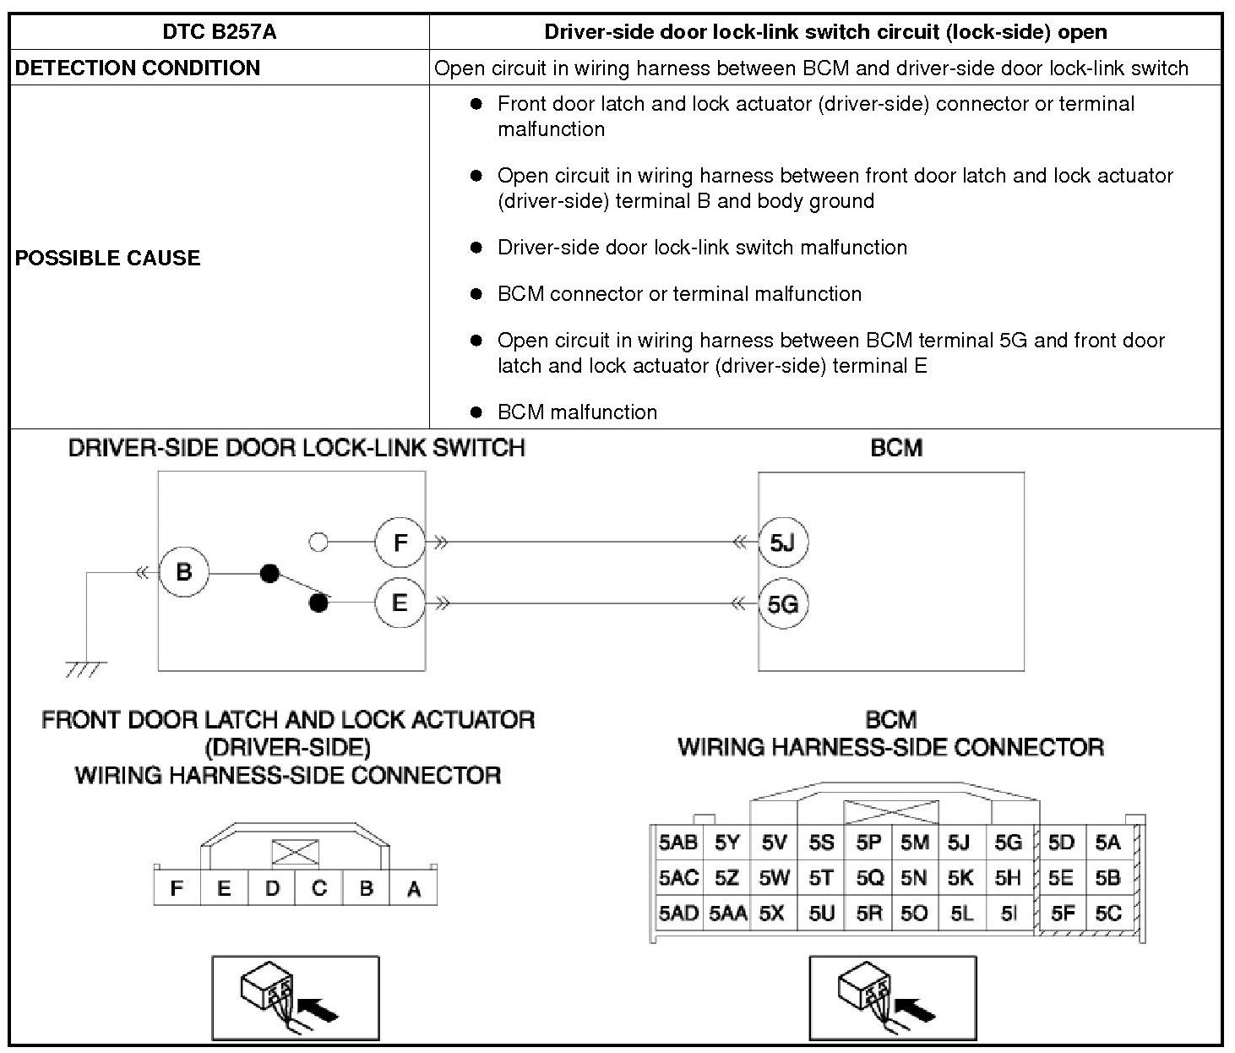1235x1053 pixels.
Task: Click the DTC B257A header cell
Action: coord(219,32)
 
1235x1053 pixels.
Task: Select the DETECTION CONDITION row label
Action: coord(138,68)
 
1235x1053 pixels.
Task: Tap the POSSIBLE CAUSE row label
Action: coord(107,258)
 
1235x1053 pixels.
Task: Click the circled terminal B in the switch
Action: coord(184,572)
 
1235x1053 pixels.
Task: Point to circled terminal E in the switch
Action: coord(400,603)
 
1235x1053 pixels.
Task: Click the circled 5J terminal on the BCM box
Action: coord(783,542)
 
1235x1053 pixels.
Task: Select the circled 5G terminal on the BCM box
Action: coord(783,604)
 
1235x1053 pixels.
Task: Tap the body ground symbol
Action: coord(85,669)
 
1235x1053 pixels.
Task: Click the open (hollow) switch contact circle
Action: coord(318,542)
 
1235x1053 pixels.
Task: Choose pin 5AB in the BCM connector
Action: coord(678,843)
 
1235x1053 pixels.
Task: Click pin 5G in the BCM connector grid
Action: coord(1008,843)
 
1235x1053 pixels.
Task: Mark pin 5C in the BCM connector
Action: coord(1107,914)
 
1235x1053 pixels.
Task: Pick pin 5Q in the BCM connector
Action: coord(869,878)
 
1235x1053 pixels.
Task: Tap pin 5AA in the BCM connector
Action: coord(727,914)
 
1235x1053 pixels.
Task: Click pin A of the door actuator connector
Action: coord(414,889)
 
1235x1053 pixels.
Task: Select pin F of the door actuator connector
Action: coord(177,889)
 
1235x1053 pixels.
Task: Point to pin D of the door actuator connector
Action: coord(272,889)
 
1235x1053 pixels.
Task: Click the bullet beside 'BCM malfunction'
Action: coord(476,412)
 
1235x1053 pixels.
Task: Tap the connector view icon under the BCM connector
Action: coord(892,998)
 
